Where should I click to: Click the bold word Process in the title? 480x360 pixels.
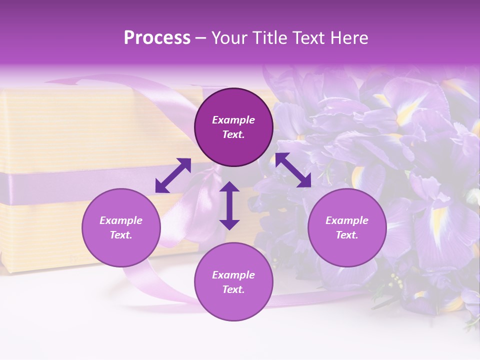pos(157,38)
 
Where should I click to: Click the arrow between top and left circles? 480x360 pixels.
pos(173,175)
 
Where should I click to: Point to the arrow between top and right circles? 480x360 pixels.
pos(293,170)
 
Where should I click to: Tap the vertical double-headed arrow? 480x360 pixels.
pos(229,205)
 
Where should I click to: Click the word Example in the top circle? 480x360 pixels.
pos(233,120)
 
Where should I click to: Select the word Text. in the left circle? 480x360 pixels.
pos(121,235)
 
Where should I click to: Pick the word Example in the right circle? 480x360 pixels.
pos(347,220)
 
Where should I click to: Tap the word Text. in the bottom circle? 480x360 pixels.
pos(233,289)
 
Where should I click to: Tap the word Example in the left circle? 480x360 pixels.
pos(121,220)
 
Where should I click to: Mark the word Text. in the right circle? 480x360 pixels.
pos(347,235)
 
